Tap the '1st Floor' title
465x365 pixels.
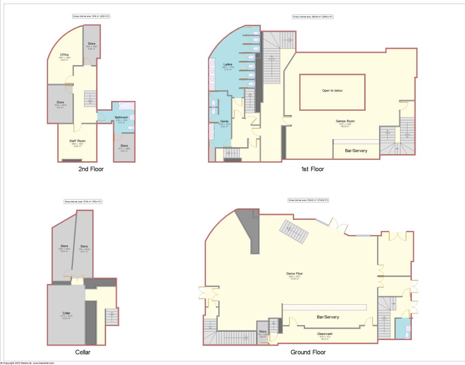click(313, 169)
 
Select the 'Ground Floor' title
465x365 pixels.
click(308, 352)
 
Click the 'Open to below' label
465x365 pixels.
click(332, 91)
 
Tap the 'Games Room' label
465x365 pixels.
click(345, 121)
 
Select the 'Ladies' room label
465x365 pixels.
click(228, 64)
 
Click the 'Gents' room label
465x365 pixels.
click(224, 122)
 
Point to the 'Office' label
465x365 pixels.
click(64, 55)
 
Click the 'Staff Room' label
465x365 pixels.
click(77, 141)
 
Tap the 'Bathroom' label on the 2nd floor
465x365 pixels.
click(121, 117)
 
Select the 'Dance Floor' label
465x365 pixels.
click(295, 273)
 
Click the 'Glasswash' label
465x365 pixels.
click(325, 334)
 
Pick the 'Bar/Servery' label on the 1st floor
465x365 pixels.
click(356, 151)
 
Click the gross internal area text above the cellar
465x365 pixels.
click(83, 201)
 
